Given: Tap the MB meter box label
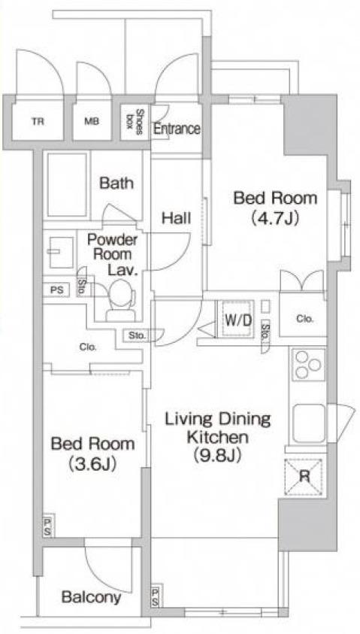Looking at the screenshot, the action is pyautogui.click(x=92, y=121).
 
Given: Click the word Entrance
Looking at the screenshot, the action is pyautogui.click(x=177, y=129).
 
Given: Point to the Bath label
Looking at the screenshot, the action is pyautogui.click(x=116, y=184).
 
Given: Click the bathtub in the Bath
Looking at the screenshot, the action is pyautogui.click(x=67, y=185).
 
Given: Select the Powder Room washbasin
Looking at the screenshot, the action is pyautogui.click(x=62, y=252).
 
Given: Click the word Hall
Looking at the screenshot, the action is pyautogui.click(x=176, y=219).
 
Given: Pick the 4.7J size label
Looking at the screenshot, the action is pyautogui.click(x=275, y=219).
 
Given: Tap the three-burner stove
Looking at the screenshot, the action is pyautogui.click(x=309, y=365).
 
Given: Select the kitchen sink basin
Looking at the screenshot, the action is pyautogui.click(x=309, y=423).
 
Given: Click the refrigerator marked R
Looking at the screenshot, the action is pyautogui.click(x=304, y=477).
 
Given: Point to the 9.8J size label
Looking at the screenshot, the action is pyautogui.click(x=217, y=456).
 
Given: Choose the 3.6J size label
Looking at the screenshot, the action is pyautogui.click(x=93, y=463).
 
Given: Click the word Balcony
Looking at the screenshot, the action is pyautogui.click(x=91, y=597).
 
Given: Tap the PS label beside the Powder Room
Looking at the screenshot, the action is pyautogui.click(x=56, y=290).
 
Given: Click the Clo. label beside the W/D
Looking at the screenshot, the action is pyautogui.click(x=304, y=319).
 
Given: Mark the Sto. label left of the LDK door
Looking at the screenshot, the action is pyautogui.click(x=138, y=335).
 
